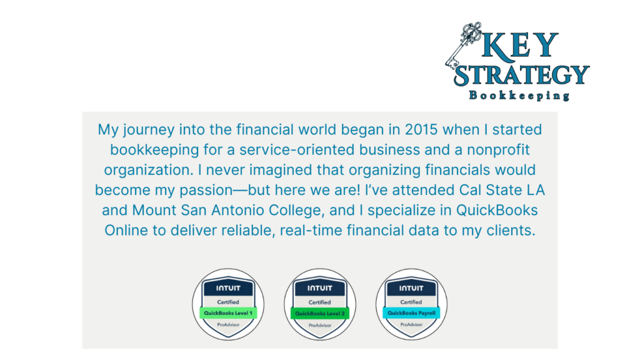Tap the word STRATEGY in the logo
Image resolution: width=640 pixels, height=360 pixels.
(x=522, y=75)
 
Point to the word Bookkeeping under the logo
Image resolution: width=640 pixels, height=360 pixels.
(x=519, y=96)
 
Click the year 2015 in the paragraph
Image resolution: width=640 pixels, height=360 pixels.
(x=421, y=129)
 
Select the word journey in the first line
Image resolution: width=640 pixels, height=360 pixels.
(x=149, y=130)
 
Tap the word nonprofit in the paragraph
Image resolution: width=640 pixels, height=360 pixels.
(x=498, y=150)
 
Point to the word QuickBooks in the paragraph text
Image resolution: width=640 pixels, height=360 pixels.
(x=497, y=210)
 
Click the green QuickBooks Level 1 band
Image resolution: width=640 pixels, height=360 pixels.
(x=228, y=313)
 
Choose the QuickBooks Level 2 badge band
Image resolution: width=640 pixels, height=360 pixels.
(x=320, y=314)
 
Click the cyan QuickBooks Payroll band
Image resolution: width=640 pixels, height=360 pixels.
(x=411, y=313)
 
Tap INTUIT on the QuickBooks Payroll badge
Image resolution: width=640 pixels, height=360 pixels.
(x=411, y=288)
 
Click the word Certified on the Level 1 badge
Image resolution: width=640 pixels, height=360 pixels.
(x=228, y=302)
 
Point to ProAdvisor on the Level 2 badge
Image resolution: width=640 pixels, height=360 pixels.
(x=320, y=325)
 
